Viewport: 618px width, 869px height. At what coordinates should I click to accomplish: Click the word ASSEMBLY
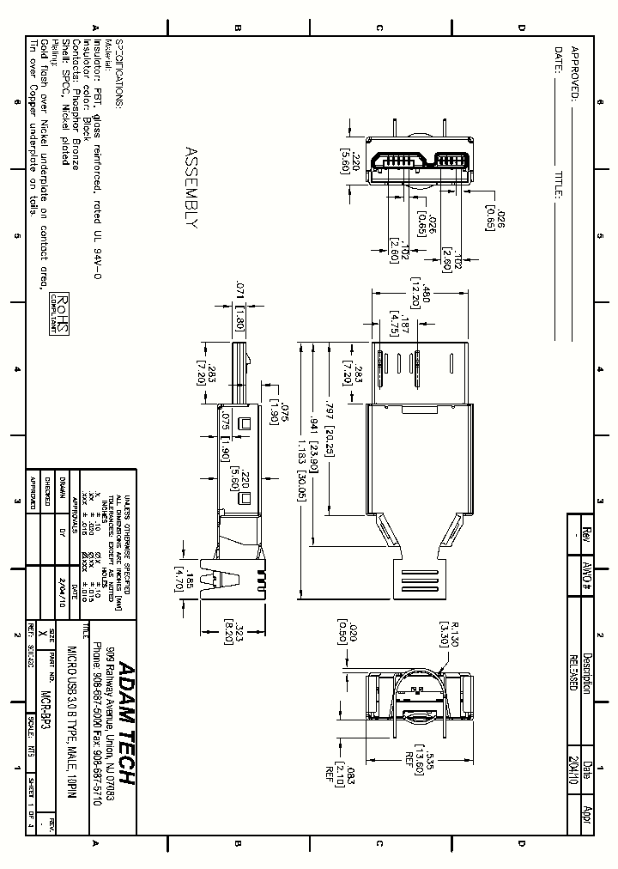tap(191, 188)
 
